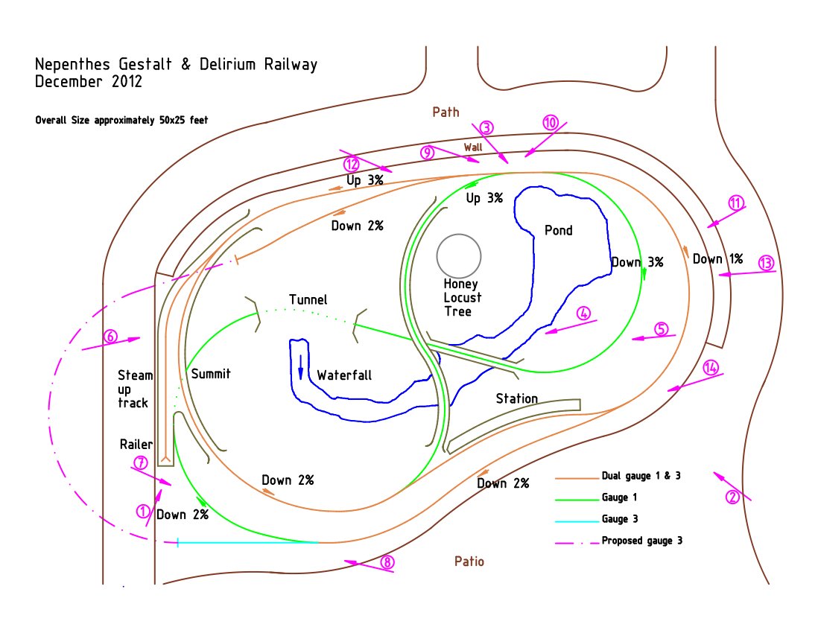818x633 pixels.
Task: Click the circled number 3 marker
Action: (x=486, y=128)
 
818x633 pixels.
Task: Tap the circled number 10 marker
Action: (x=550, y=123)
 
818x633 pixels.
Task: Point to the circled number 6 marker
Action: (x=110, y=336)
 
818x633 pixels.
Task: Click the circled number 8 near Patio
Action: (x=387, y=563)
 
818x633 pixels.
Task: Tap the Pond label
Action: (x=559, y=230)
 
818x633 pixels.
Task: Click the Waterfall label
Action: (x=344, y=375)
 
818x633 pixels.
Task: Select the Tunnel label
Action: (x=308, y=300)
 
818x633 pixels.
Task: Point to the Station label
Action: (x=517, y=398)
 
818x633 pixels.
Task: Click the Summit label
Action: (x=211, y=374)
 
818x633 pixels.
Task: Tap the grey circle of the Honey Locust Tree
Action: (x=459, y=256)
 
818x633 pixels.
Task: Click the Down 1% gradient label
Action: (x=717, y=259)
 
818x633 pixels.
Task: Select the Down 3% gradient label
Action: (x=637, y=262)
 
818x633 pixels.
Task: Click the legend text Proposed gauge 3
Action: (x=641, y=541)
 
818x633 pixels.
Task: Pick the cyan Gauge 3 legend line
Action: (x=577, y=519)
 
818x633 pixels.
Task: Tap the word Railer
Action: (x=136, y=445)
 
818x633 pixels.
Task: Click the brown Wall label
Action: (x=473, y=147)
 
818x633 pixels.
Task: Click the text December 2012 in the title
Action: (x=89, y=82)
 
